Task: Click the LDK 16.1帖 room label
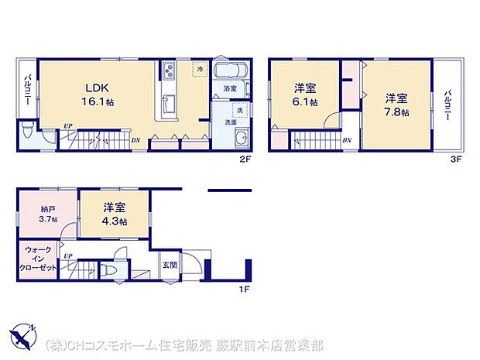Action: [94, 95]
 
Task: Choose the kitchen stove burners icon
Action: [169, 72]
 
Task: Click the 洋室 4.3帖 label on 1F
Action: [115, 214]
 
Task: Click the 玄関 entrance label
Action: [169, 265]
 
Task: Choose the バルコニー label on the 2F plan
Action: [27, 90]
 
